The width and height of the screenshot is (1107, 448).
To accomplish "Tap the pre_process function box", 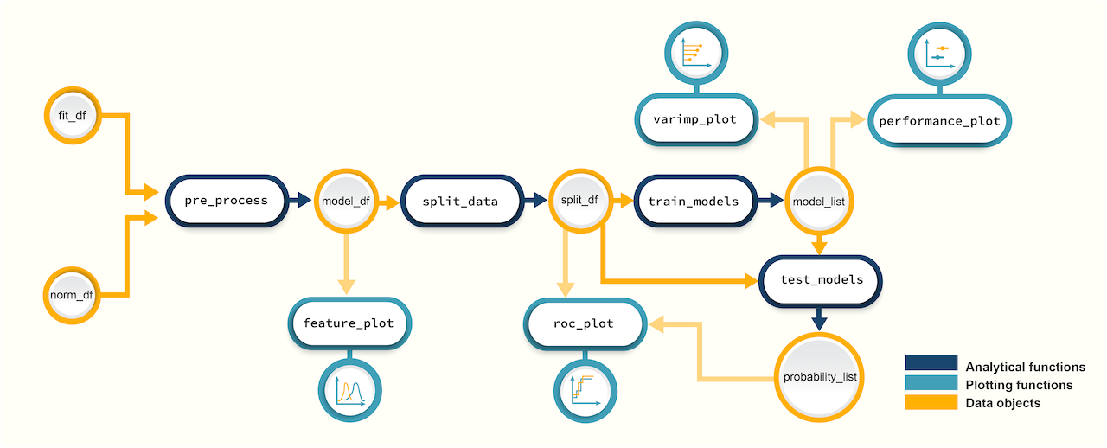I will coord(227,201).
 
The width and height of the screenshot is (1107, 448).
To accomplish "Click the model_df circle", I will coord(346,201).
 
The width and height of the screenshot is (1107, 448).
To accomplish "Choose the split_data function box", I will coord(460,201).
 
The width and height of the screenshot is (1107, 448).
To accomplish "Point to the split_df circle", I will coord(579,201).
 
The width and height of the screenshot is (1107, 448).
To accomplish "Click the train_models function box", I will coord(694,201).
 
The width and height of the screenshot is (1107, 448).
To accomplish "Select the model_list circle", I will coord(820,201).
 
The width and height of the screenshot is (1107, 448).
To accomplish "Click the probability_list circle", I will coord(820,377).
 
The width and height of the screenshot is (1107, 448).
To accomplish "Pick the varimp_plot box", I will coord(696,119).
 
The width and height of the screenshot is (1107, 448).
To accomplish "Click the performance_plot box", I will coord(939,121).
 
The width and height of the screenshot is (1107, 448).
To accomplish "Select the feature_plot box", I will coord(349,323).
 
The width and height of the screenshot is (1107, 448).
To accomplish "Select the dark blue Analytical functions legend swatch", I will coord(931,363).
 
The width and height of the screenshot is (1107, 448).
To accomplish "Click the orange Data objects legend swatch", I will coord(931,403).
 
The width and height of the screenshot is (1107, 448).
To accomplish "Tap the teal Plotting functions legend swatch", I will coord(931,383).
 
